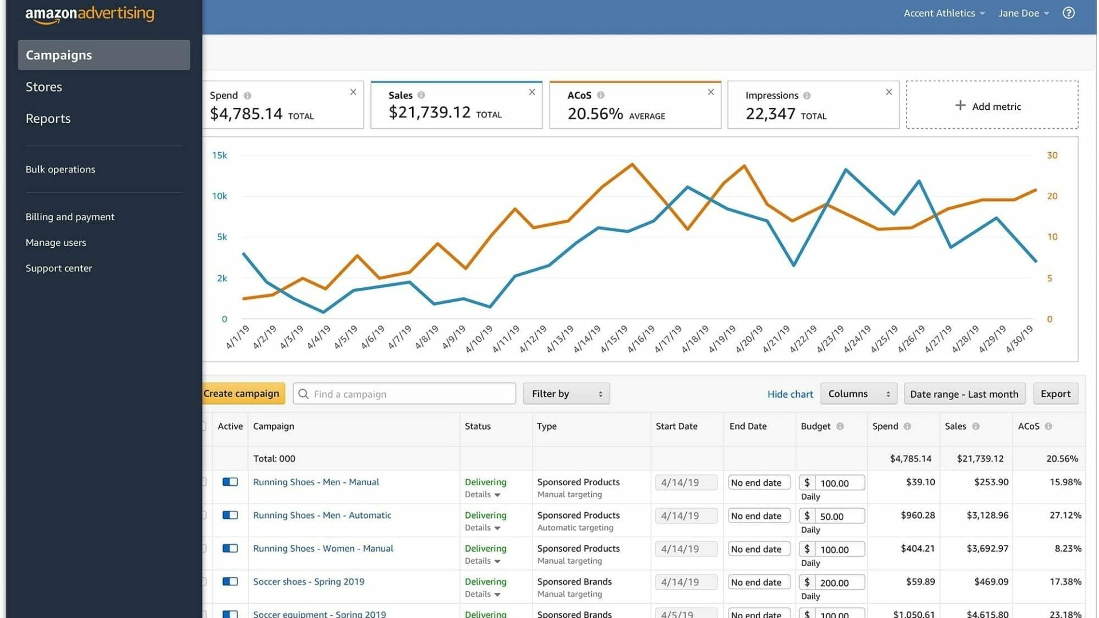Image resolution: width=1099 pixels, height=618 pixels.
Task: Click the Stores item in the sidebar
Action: pyautogui.click(x=44, y=87)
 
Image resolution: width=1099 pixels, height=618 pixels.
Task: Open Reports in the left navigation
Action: pyautogui.click(x=48, y=118)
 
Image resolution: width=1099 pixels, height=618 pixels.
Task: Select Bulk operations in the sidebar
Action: pyautogui.click(x=60, y=169)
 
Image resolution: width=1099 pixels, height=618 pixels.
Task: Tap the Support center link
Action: pyautogui.click(x=58, y=268)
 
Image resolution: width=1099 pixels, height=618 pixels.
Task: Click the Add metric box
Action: pyautogui.click(x=991, y=106)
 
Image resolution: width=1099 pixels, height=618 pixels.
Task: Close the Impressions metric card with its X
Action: pyautogui.click(x=888, y=92)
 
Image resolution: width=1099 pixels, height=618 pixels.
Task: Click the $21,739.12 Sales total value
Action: pyautogui.click(x=429, y=113)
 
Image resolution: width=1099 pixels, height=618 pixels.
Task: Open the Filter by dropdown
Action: pyautogui.click(x=566, y=394)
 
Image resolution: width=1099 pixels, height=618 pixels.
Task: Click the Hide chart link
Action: pyautogui.click(x=789, y=394)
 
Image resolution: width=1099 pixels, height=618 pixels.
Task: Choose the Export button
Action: pyautogui.click(x=1055, y=394)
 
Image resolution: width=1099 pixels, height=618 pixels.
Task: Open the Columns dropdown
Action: pyautogui.click(x=858, y=394)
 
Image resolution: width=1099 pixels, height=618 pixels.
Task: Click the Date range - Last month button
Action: pyautogui.click(x=964, y=394)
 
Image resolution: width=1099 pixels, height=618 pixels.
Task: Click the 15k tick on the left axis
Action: pyautogui.click(x=219, y=156)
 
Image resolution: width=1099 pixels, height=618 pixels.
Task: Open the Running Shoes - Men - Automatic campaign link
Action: pyautogui.click(x=322, y=515)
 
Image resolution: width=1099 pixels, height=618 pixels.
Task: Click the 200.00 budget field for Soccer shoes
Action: pyautogui.click(x=839, y=583)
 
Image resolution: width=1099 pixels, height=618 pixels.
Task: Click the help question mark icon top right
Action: pyautogui.click(x=1068, y=13)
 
